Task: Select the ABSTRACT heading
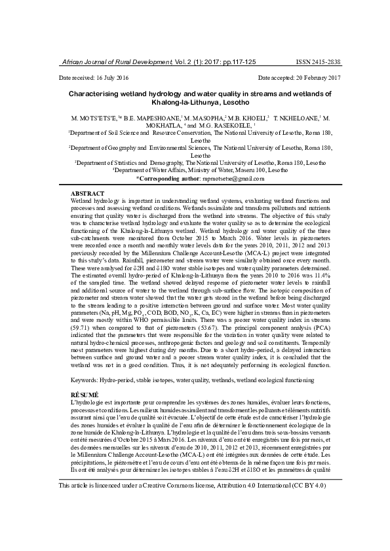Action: click(87, 194)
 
